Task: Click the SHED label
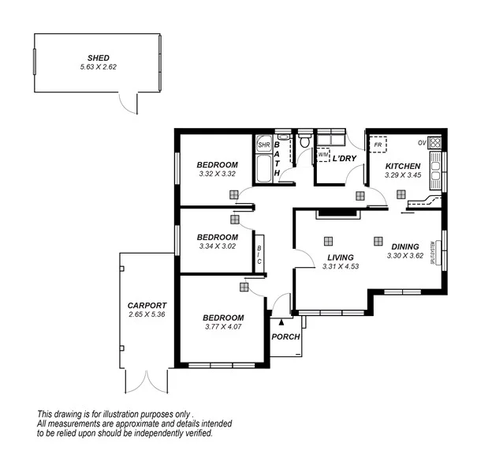coord(99,58)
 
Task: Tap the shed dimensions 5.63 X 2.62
coord(99,67)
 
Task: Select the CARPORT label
coord(147,305)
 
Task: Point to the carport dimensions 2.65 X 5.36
coord(147,314)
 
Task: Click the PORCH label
coord(284,337)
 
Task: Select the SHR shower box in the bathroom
coord(264,145)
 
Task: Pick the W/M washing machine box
coord(323,156)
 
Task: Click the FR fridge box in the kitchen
coord(378,145)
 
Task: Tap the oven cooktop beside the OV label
coord(434,143)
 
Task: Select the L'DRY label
coord(345,159)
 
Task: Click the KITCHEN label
coord(402,166)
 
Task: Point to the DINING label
coord(405,246)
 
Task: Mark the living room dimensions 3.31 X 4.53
coord(341,267)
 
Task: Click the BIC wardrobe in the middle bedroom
coord(259,254)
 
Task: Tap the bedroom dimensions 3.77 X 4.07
coord(223,326)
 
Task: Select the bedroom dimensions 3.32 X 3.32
coord(217,174)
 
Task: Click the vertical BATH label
coord(277,159)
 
